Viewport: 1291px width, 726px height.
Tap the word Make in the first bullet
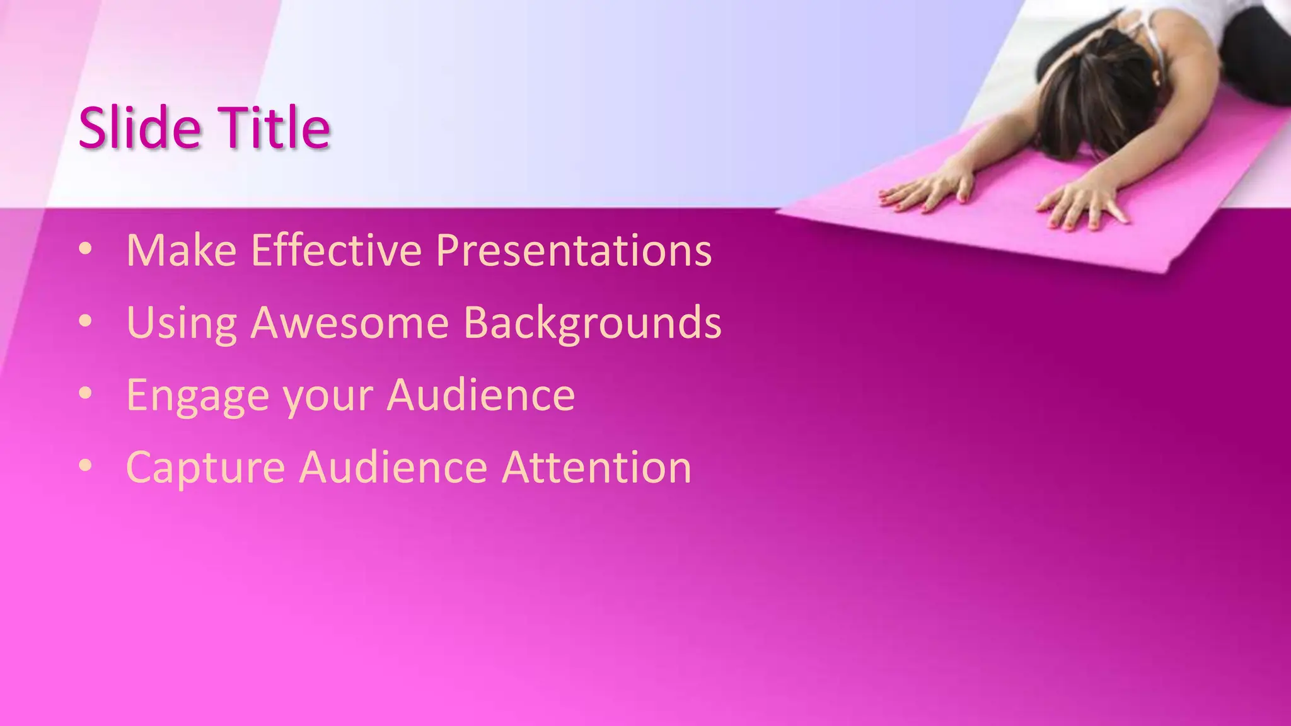181,250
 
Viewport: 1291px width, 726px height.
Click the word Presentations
574,250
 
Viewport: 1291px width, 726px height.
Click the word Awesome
350,323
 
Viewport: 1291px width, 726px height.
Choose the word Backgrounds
593,323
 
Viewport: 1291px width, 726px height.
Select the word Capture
206,468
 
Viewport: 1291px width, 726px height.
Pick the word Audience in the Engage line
480,395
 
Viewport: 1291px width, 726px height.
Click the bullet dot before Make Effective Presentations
86,250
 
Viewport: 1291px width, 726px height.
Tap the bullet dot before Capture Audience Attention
86,467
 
